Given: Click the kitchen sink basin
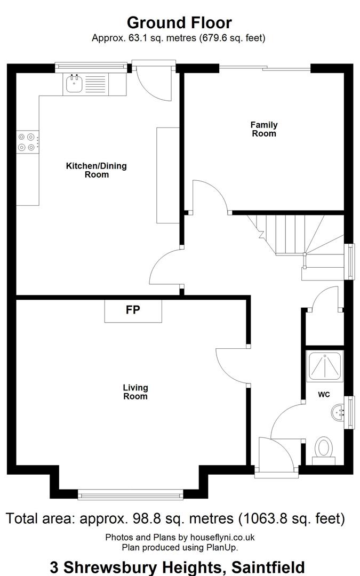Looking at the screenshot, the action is click(x=75, y=84).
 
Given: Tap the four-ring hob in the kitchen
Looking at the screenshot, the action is click(x=28, y=142).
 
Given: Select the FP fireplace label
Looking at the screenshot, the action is click(x=133, y=310).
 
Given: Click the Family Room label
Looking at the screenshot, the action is click(x=264, y=129).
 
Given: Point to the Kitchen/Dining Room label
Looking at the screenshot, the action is click(x=97, y=170).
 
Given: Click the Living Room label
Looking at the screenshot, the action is click(x=135, y=392).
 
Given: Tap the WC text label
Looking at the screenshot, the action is click(x=324, y=395).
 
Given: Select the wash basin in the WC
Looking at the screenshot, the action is click(x=338, y=412).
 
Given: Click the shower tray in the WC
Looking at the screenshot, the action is click(x=325, y=365).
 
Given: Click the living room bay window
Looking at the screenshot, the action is click(x=131, y=495).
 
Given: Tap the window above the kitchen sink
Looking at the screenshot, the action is click(x=91, y=67).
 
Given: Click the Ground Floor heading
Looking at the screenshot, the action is click(x=179, y=23).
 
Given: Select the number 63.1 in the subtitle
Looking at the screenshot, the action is click(x=137, y=38).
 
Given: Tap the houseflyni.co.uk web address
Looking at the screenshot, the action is click(x=222, y=538).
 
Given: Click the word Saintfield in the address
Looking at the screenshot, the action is click(x=268, y=567).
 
